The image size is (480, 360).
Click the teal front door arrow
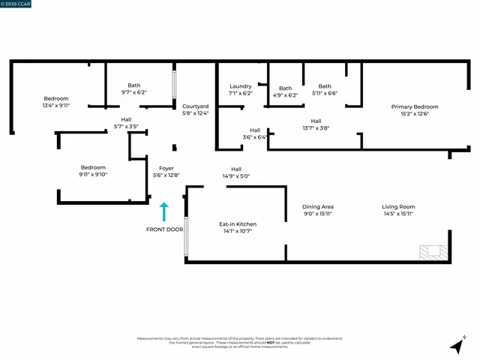(x=164, y=212)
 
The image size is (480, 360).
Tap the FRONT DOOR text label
(x=164, y=229)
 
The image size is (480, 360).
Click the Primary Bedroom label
(x=415, y=107)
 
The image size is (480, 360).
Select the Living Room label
(x=398, y=206)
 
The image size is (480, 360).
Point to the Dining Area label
(x=317, y=206)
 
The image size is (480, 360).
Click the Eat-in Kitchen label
(x=238, y=224)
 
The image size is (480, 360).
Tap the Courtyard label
(x=195, y=106)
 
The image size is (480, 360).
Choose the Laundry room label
(x=240, y=86)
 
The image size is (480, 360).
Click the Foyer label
(x=166, y=168)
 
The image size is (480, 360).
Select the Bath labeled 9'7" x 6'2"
(x=134, y=93)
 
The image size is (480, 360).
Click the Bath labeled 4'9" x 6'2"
(x=285, y=95)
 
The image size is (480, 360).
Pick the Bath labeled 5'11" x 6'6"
(x=325, y=94)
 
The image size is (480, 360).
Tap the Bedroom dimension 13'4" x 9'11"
(x=56, y=106)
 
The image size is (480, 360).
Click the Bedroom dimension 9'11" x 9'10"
(x=94, y=175)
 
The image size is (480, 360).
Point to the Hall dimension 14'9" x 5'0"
(x=236, y=176)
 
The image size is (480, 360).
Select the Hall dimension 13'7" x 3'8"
(x=316, y=128)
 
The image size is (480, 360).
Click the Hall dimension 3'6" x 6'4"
(x=255, y=137)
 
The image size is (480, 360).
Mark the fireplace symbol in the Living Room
(x=433, y=253)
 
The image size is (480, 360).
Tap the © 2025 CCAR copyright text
(x=18, y=4)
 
